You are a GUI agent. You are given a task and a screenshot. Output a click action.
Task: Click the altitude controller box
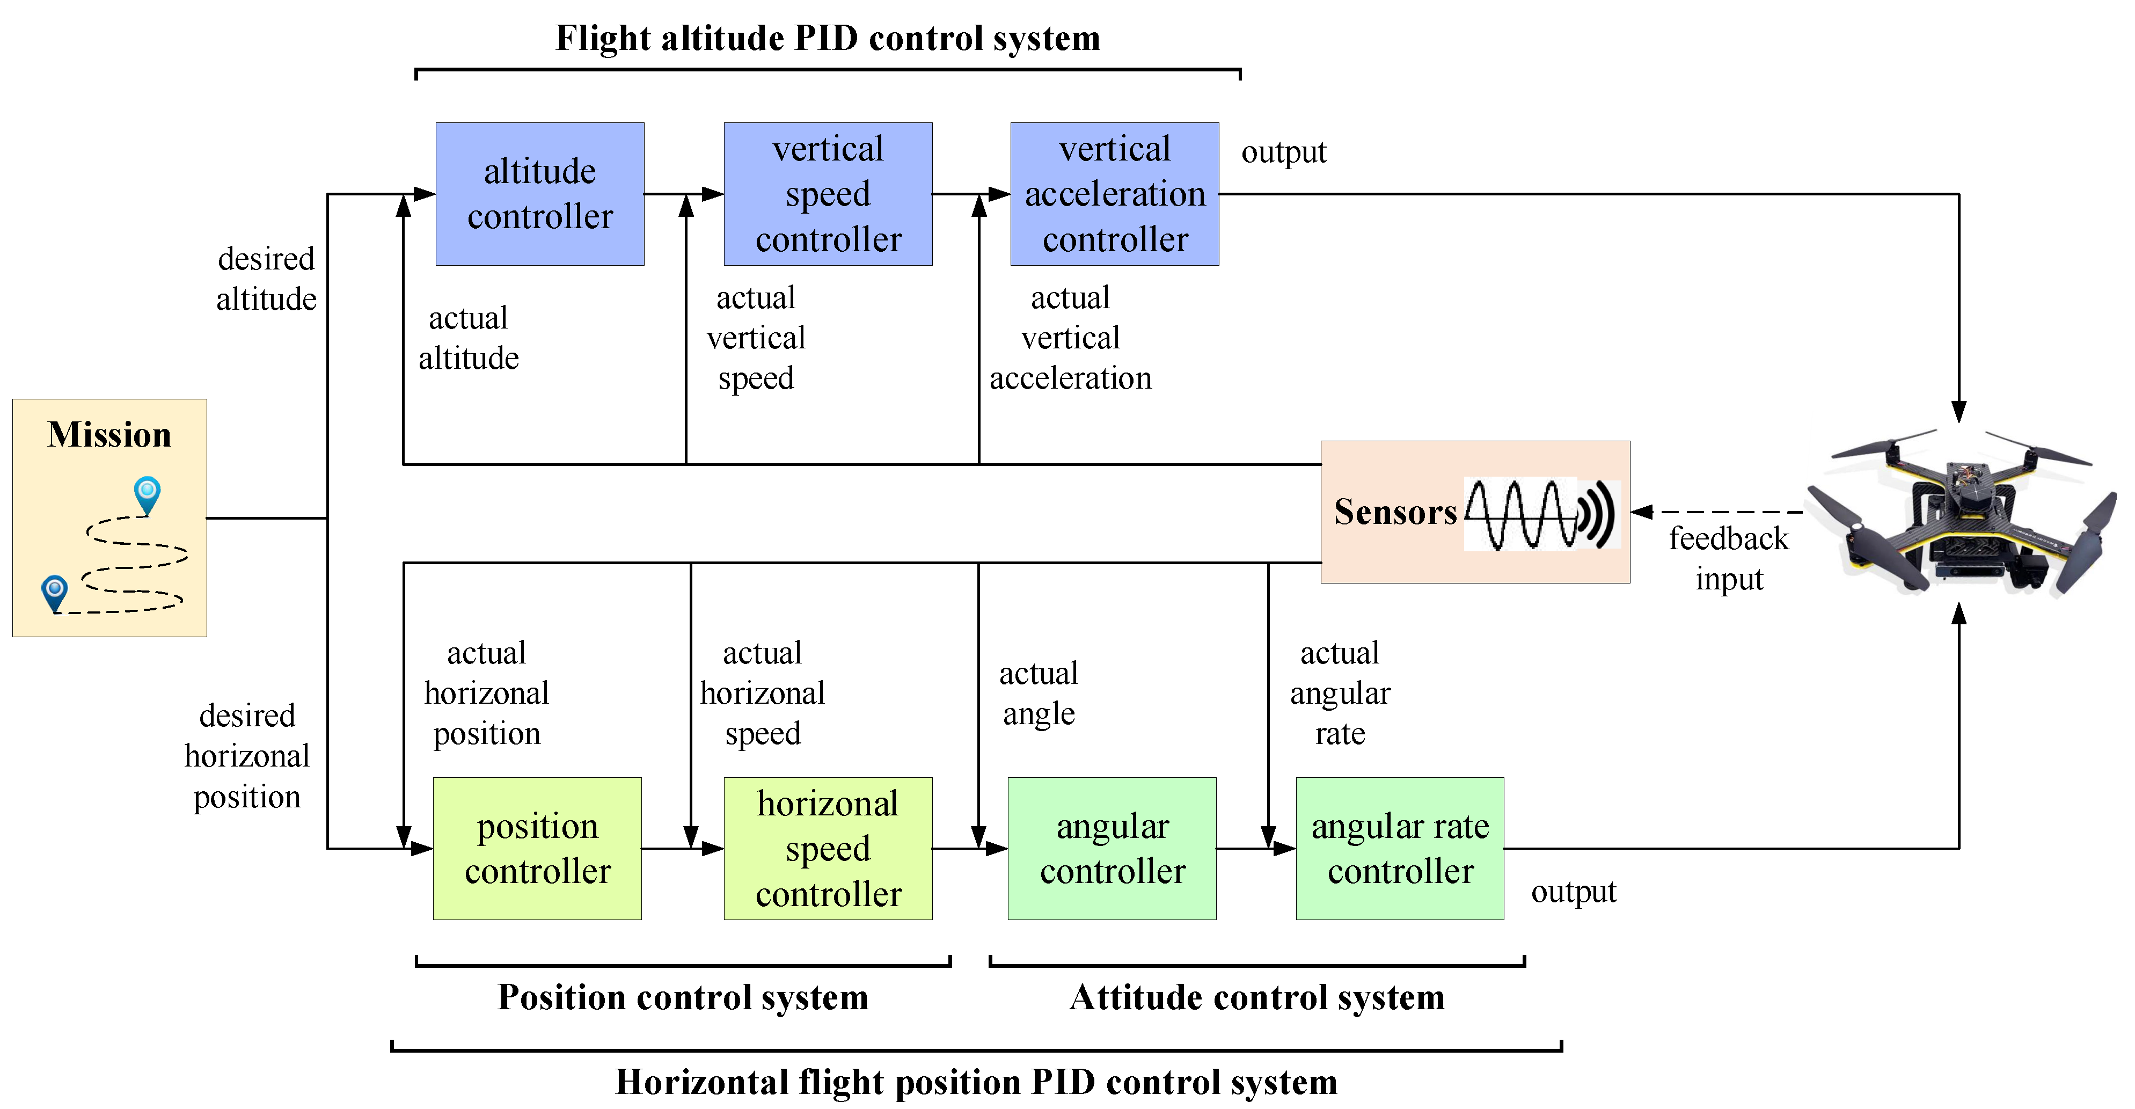pos(539,194)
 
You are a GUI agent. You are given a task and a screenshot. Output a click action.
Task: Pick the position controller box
pos(537,848)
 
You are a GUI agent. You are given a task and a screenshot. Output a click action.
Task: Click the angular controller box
pos(1112,848)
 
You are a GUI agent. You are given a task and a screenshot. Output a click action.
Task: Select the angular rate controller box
pos(1399,848)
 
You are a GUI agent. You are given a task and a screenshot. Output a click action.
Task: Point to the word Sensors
pos(1395,512)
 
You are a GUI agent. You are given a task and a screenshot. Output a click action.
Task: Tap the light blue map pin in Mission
pos(147,494)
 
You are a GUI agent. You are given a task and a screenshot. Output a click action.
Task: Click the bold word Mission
pos(109,434)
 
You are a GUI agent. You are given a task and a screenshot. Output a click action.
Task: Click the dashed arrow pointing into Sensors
pos(1716,512)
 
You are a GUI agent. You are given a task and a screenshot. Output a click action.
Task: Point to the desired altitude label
pos(266,279)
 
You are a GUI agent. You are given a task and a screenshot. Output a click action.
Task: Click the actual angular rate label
pos(1340,693)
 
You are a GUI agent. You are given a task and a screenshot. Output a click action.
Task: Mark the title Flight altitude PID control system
pos(827,38)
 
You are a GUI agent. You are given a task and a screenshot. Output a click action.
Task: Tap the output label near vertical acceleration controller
pos(1283,152)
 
